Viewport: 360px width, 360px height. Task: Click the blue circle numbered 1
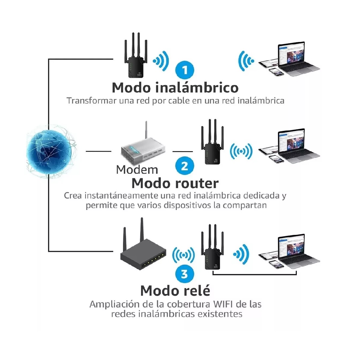tap(185, 70)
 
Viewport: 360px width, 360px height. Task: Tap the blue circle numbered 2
tap(184, 166)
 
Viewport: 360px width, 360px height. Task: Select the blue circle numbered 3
tap(184, 274)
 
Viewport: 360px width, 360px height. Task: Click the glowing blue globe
tap(49, 151)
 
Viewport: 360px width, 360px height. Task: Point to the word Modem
tap(137, 170)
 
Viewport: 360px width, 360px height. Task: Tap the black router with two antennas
tap(143, 252)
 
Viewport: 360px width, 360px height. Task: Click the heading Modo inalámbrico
tap(175, 88)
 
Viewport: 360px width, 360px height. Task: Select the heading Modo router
tap(175, 183)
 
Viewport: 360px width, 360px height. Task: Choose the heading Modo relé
tap(175, 291)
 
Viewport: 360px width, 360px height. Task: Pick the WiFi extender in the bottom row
tap(213, 253)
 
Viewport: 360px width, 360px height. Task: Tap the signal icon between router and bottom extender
tap(183, 255)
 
